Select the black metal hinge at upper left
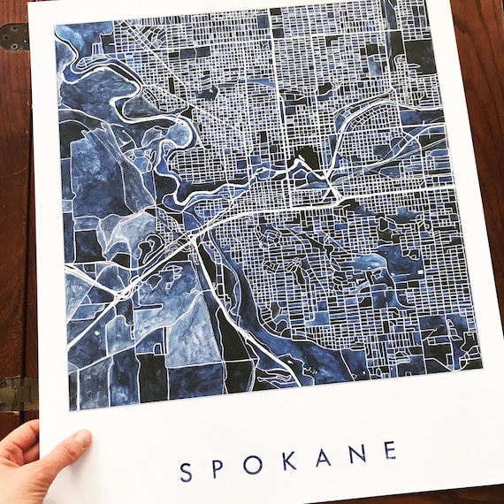pyautogui.click(x=14, y=35)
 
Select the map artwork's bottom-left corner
pyautogui.click(x=70, y=411)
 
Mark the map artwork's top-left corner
pyautogui.click(x=55, y=24)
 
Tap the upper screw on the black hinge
pyautogui.click(x=11, y=30)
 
